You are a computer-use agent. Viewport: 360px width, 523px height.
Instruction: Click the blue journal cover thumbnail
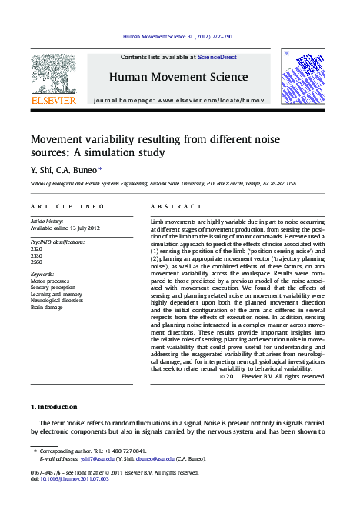pos(302,77)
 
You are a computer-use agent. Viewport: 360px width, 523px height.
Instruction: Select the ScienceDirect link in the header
pos(217,58)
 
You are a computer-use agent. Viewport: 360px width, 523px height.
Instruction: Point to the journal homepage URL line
pos(178,101)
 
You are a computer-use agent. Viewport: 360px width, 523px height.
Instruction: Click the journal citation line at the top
pos(178,36)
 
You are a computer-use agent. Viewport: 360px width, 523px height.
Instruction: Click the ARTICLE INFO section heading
pos(67,207)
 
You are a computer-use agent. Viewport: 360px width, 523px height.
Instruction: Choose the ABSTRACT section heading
pos(171,207)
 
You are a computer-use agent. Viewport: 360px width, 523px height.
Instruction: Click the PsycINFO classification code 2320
pos(36,249)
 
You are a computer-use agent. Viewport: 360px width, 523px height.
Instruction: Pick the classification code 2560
pos(36,261)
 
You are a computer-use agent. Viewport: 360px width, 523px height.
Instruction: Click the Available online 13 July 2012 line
pos(65,228)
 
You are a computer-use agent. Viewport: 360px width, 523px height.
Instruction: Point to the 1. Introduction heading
pos(54,406)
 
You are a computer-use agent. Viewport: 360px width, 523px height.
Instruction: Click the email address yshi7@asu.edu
pos(100,458)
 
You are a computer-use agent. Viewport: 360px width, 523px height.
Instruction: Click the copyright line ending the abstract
pos(272,376)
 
